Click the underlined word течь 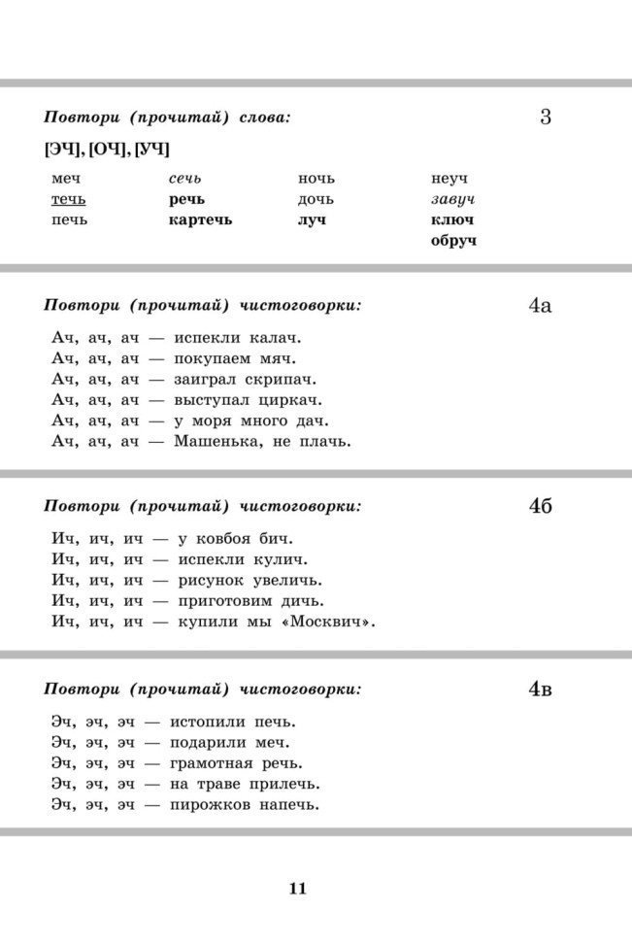pyautogui.click(x=68, y=199)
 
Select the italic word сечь pyautogui.click(x=185, y=179)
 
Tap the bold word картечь pyautogui.click(x=200, y=219)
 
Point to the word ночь pyautogui.click(x=316, y=179)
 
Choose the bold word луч pyautogui.click(x=313, y=219)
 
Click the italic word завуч pyautogui.click(x=453, y=199)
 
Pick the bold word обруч pyautogui.click(x=454, y=240)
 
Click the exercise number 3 pyautogui.click(x=545, y=118)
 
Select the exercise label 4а pyautogui.click(x=541, y=306)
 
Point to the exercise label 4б pyautogui.click(x=541, y=506)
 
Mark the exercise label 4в pyautogui.click(x=541, y=689)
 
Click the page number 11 pyautogui.click(x=297, y=889)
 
